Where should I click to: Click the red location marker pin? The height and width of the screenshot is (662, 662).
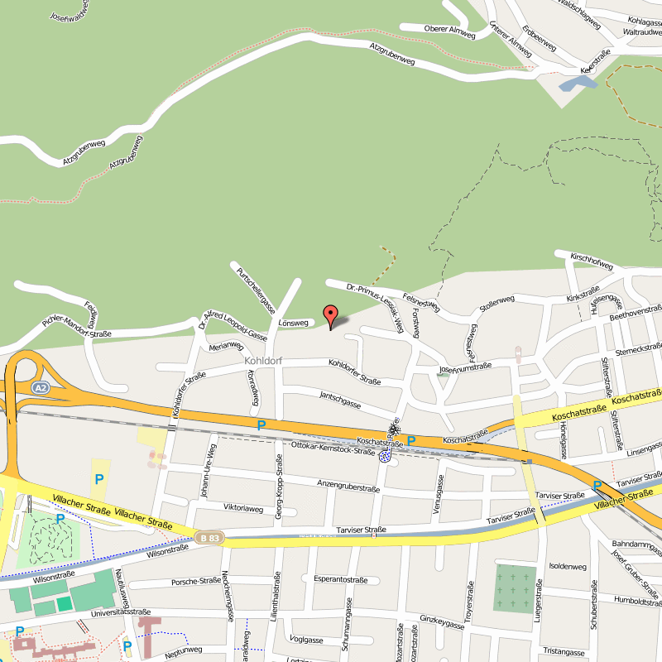pyautogui.click(x=330, y=315)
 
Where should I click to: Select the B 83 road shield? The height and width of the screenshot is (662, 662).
pyautogui.click(x=210, y=538)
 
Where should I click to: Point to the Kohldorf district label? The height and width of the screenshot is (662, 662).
pyautogui.click(x=264, y=362)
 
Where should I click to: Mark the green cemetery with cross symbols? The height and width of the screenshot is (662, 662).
pyautogui.click(x=514, y=588)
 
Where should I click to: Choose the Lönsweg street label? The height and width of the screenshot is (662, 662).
pyautogui.click(x=294, y=323)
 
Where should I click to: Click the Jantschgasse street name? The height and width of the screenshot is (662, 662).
pyautogui.click(x=340, y=400)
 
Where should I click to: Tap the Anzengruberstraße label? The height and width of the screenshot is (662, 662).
pyautogui.click(x=348, y=486)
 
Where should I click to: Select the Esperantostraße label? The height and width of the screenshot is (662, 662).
pyautogui.click(x=340, y=580)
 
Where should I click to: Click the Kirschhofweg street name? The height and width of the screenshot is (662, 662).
pyautogui.click(x=592, y=261)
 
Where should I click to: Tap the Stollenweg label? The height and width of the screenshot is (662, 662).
pyautogui.click(x=496, y=305)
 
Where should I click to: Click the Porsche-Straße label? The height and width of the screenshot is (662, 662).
pyautogui.click(x=196, y=582)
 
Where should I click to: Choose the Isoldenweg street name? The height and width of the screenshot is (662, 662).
pyautogui.click(x=568, y=567)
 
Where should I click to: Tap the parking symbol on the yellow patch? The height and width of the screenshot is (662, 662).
pyautogui.click(x=99, y=478)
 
